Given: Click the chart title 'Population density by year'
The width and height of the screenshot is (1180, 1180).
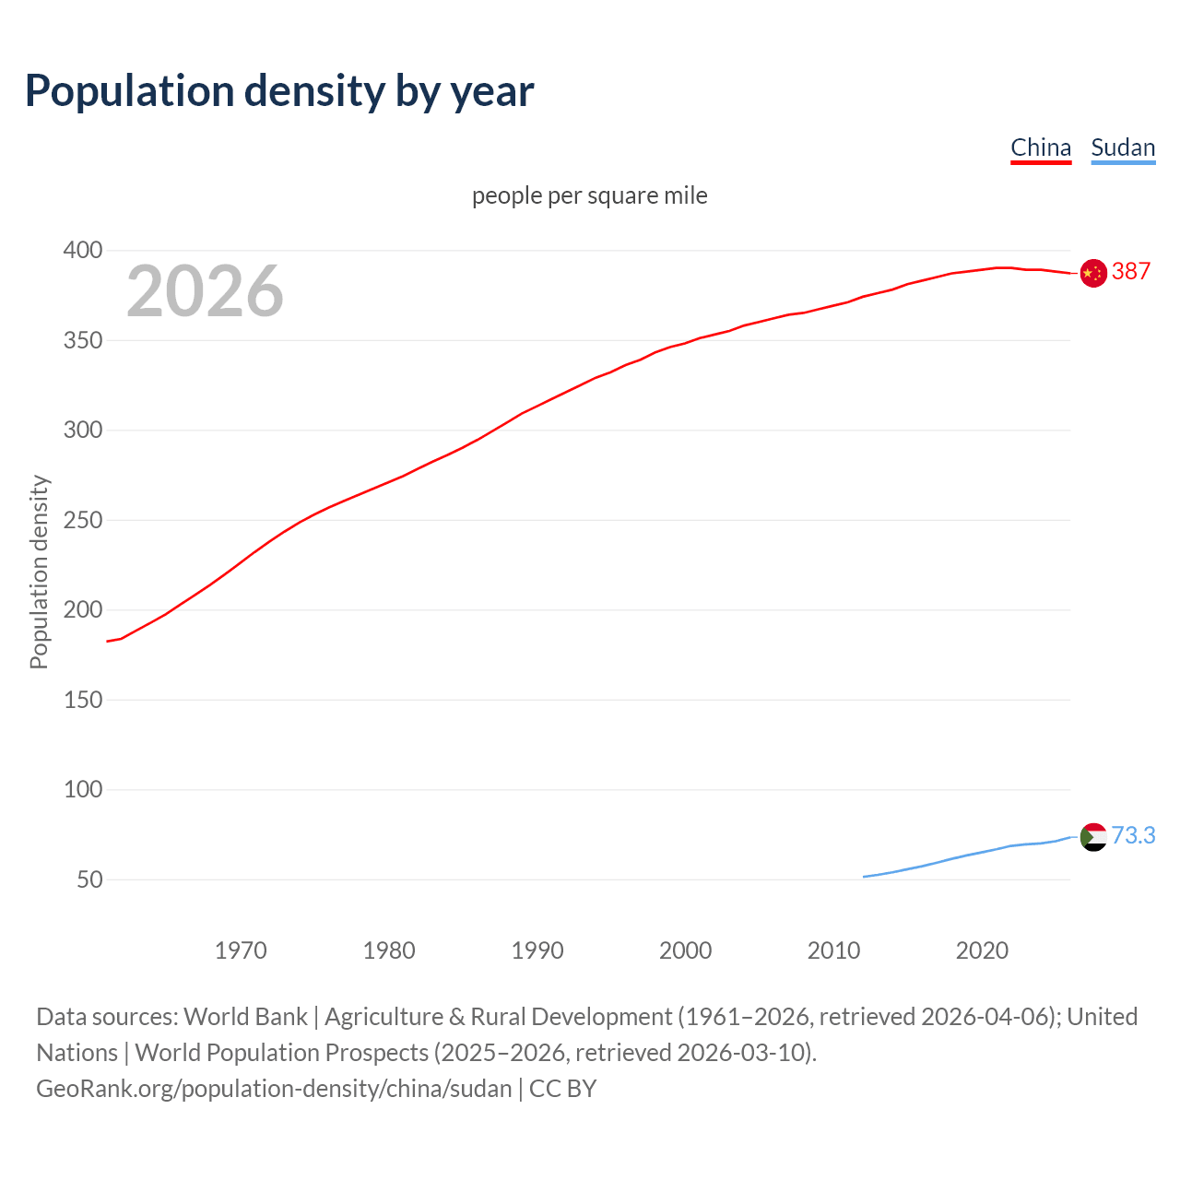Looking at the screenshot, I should click(279, 91).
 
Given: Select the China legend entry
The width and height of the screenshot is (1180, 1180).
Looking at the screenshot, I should click(1041, 147).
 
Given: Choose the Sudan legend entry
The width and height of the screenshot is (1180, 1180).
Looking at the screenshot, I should click(1123, 147).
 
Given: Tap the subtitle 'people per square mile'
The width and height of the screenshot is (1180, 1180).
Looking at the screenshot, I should click(590, 195).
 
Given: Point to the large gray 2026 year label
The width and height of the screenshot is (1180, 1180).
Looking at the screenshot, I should click(205, 291).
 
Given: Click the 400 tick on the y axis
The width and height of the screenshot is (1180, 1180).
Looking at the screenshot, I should click(82, 251).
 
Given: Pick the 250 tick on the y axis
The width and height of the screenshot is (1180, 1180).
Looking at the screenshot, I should click(82, 521).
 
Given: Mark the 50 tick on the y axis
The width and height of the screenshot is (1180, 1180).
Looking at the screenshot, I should click(89, 879).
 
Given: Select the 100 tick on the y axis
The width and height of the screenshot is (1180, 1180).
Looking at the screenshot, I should click(82, 790).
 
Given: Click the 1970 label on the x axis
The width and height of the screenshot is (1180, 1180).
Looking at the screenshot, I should click(241, 950).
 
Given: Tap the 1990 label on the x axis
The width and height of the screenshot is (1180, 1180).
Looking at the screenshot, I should click(537, 950).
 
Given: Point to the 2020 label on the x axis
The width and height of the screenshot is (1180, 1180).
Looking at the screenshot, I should click(982, 950).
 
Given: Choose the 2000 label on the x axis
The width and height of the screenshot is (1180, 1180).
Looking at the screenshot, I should click(685, 950).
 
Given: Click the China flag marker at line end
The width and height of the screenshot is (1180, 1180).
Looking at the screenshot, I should click(1093, 273).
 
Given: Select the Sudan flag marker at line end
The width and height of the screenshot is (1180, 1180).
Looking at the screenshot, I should click(1093, 837).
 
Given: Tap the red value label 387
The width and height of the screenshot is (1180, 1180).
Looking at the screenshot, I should click(1131, 271).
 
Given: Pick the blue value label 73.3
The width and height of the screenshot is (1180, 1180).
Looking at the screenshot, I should click(1133, 835).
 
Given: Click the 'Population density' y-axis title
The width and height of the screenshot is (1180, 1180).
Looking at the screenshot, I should click(39, 572).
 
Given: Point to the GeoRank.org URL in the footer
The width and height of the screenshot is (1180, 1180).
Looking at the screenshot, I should click(274, 1089).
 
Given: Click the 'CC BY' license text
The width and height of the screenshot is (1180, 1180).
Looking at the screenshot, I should click(563, 1089).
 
